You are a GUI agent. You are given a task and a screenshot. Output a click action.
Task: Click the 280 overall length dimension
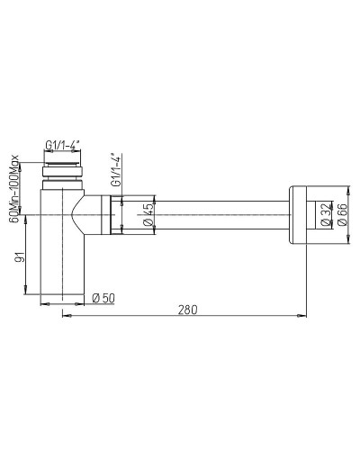187,308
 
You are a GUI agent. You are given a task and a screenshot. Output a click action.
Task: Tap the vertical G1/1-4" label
115,171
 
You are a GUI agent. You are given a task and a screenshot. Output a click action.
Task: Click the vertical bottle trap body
62,261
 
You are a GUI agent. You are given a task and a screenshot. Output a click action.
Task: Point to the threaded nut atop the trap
64,166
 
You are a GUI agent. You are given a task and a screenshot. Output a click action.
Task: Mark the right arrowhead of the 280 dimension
296,315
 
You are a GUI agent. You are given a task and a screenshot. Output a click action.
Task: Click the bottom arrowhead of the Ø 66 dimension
349,241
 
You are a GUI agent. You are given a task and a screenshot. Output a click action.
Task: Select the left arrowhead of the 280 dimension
64,315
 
